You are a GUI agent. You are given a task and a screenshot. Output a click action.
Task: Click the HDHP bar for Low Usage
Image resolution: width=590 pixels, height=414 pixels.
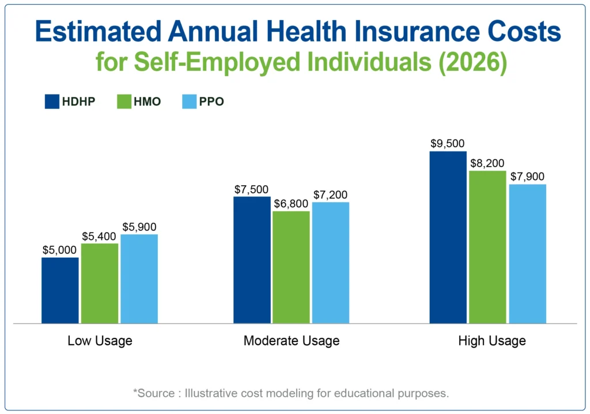point(60,290)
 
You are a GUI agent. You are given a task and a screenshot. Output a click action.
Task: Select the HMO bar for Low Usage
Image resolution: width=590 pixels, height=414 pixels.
point(100,283)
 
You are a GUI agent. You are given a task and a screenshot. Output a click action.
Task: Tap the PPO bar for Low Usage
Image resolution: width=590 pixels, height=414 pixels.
point(139,278)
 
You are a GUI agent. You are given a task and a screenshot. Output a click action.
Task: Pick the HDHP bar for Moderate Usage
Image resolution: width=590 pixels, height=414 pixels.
point(252,259)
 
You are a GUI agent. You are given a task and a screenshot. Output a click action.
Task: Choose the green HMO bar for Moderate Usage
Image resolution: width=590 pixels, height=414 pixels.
point(291,267)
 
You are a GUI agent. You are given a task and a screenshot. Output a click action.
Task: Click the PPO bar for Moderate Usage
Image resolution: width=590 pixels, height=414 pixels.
point(330,262)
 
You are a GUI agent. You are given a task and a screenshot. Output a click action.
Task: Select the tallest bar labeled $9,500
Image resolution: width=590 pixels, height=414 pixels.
point(448,237)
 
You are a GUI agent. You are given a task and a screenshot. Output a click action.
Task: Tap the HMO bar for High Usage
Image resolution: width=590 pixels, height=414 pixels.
point(487,247)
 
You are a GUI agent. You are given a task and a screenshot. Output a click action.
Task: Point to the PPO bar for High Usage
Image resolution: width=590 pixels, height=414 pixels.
point(527,254)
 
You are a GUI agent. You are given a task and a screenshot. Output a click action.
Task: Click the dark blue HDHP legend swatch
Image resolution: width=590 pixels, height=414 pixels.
point(52,102)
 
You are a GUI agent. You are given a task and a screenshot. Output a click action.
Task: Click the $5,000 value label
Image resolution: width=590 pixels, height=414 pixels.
point(60,250)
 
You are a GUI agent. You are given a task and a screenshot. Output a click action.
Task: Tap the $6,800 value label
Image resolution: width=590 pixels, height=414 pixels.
point(291,204)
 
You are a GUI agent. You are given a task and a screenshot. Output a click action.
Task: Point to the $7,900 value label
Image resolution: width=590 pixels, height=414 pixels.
point(527,177)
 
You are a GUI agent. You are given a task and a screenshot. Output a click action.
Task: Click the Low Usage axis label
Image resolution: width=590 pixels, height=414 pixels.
point(100,341)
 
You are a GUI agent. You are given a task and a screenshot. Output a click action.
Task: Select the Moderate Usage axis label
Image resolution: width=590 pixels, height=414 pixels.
point(291,341)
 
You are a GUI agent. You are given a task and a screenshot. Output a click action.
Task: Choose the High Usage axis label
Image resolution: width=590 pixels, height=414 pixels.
point(491,341)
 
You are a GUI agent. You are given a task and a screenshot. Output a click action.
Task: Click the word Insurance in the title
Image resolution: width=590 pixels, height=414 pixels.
point(411,33)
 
